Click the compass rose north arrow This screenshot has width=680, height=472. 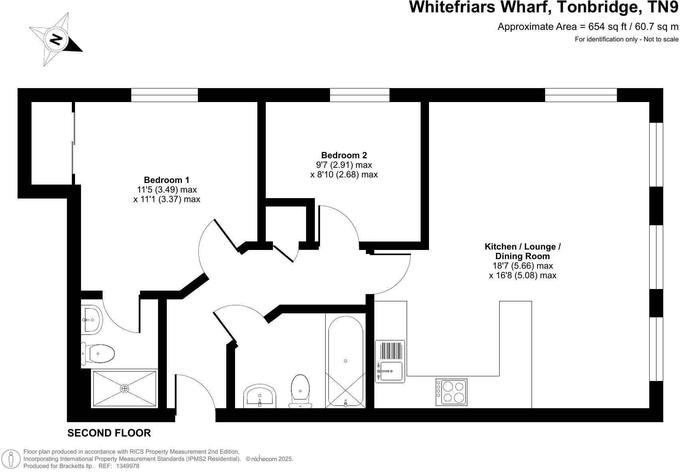point(56,39)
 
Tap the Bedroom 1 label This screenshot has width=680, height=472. point(166,180)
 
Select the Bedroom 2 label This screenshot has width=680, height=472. point(344,155)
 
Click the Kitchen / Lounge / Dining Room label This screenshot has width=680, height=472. point(522,251)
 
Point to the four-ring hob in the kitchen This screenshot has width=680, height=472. point(451,392)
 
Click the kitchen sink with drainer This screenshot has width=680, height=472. point(390,362)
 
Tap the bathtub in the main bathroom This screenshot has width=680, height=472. point(345,361)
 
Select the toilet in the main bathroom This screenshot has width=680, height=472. point(300,391)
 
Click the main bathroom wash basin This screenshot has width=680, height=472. point(260,396)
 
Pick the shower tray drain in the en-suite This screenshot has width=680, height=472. point(125,388)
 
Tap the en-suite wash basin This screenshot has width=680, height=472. point(92,319)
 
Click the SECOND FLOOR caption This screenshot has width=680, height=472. point(109,433)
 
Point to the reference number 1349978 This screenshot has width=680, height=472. point(128,466)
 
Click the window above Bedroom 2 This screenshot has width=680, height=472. point(359,95)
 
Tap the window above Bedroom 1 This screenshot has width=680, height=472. point(164,95)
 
